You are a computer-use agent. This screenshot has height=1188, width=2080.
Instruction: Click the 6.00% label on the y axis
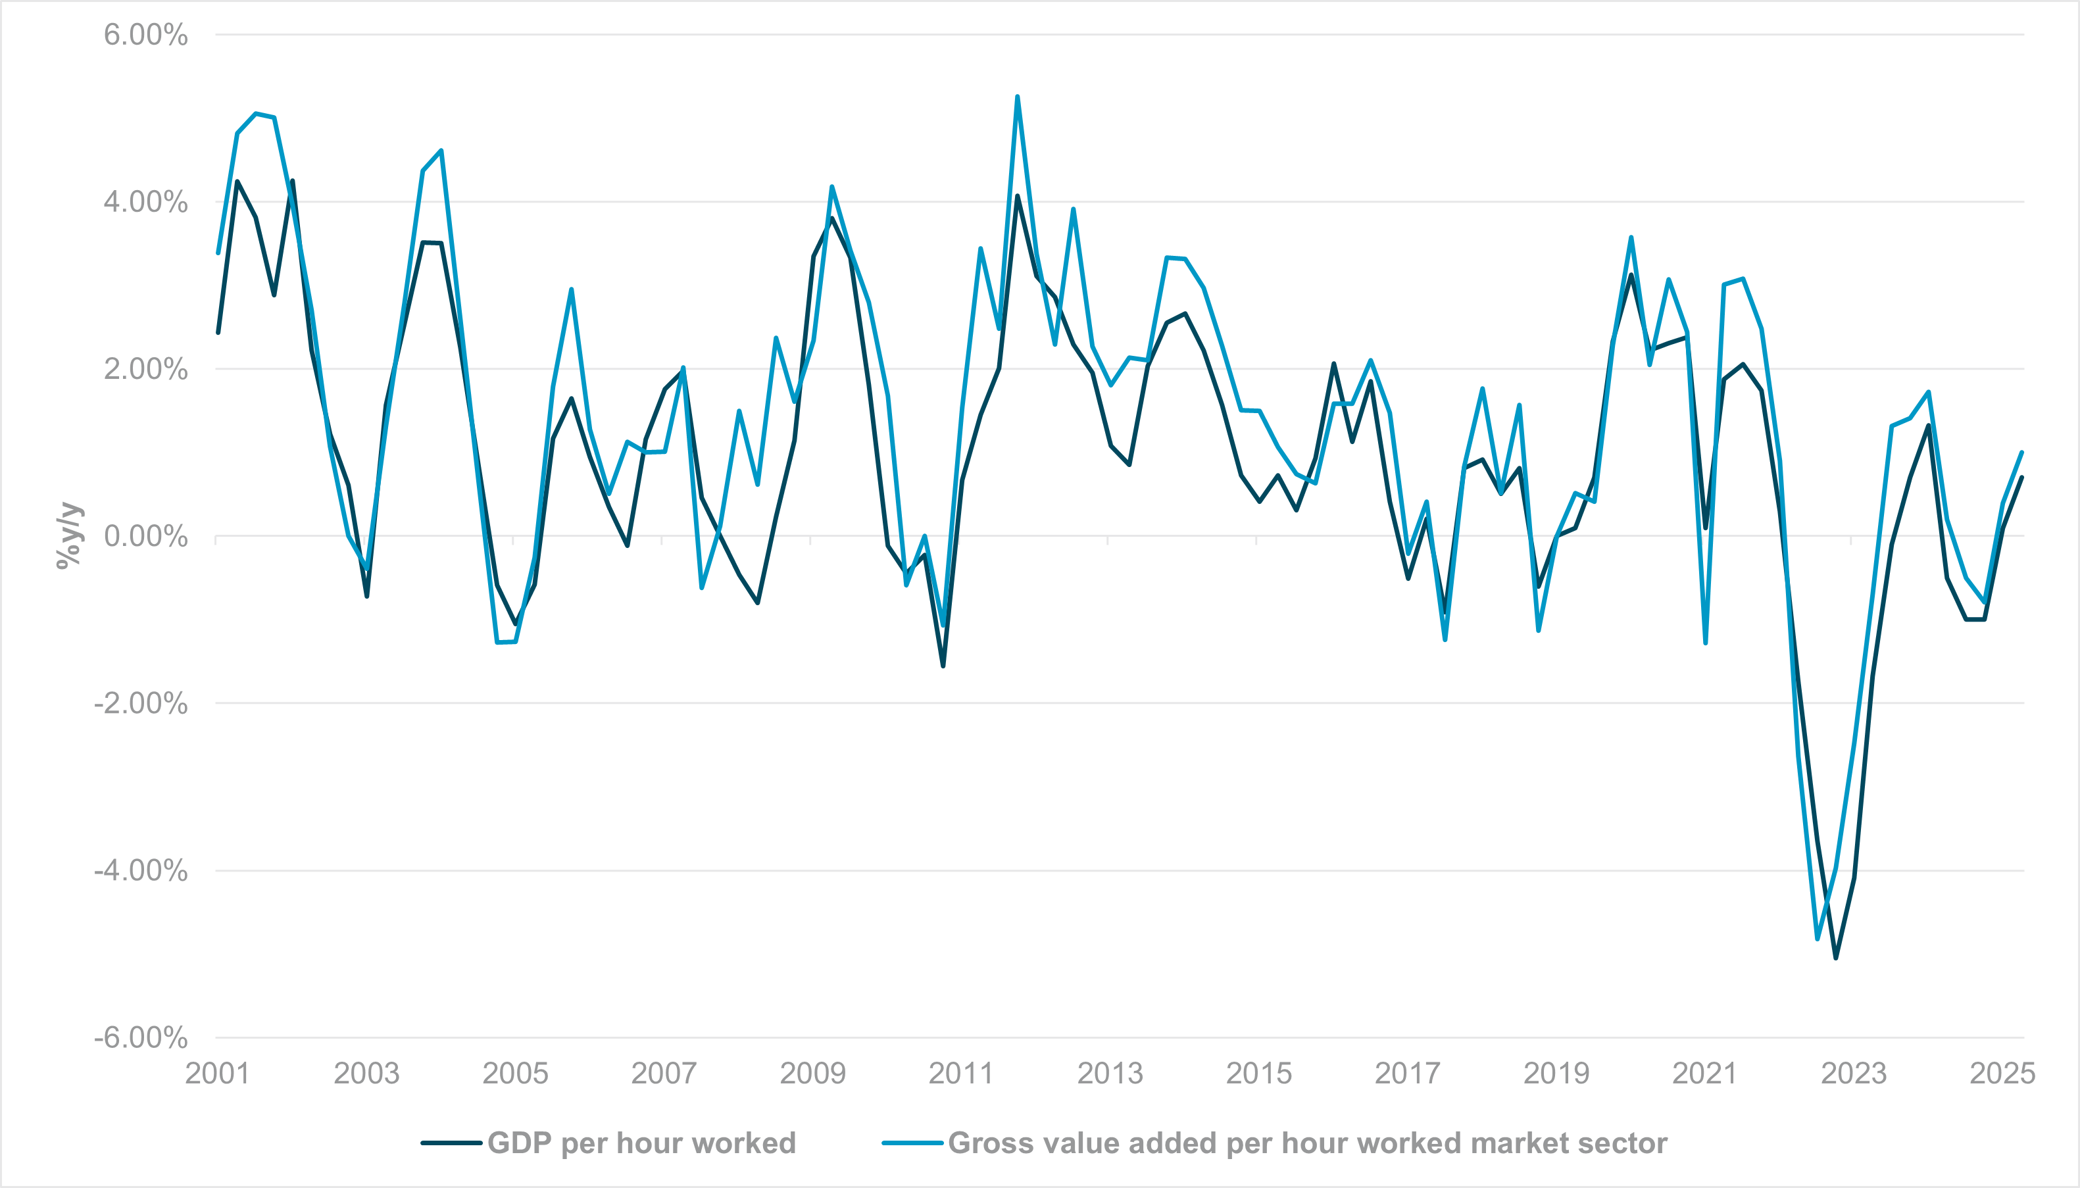(x=145, y=35)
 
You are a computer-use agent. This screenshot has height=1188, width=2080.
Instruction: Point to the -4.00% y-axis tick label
(x=140, y=870)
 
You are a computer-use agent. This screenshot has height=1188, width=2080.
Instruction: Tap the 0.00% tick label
(x=145, y=536)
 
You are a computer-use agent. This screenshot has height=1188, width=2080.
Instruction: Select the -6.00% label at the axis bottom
(x=140, y=1038)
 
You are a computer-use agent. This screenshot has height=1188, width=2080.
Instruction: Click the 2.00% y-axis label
(x=145, y=369)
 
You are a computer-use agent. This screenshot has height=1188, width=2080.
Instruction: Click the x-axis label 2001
(x=217, y=1073)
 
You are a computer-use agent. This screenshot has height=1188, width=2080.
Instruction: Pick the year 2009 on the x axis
(x=812, y=1073)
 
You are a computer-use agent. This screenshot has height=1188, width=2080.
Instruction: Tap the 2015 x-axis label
(x=1258, y=1073)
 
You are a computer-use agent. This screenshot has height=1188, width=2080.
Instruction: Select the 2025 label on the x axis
(x=2002, y=1073)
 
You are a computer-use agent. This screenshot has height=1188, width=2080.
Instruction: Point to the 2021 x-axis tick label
(x=1705, y=1073)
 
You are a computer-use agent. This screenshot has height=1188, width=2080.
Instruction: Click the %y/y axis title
(x=69, y=535)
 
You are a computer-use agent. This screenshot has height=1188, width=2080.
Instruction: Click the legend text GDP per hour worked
(x=641, y=1143)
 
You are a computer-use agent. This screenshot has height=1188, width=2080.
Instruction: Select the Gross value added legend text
(x=1306, y=1143)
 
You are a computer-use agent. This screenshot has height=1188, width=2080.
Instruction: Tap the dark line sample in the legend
(x=451, y=1143)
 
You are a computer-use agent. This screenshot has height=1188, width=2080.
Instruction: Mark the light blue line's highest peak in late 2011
(x=1017, y=97)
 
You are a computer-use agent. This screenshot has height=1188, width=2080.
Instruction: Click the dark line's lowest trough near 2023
(x=1835, y=958)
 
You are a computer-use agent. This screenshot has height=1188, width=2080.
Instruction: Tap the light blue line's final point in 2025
(x=2022, y=452)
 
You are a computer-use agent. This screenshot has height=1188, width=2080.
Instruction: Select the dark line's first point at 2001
(x=218, y=332)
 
